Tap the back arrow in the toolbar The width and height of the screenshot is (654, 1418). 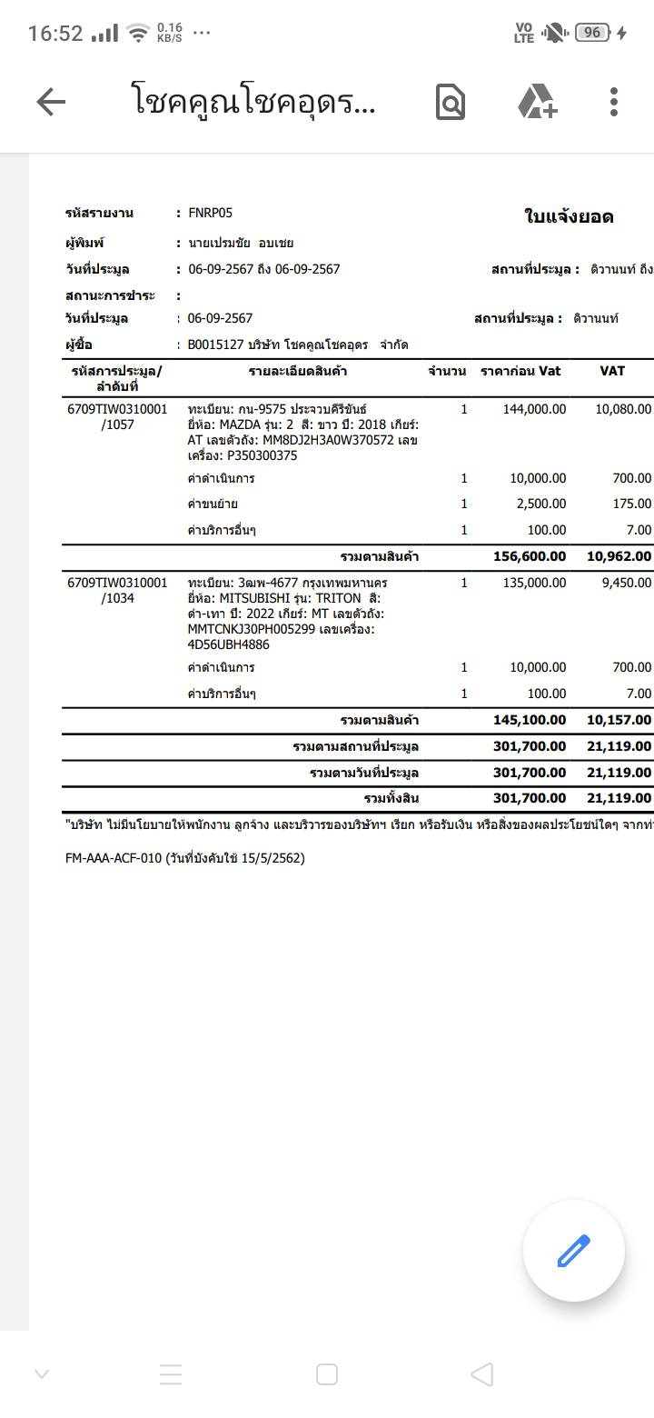click(51, 102)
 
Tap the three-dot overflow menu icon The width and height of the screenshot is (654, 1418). click(614, 102)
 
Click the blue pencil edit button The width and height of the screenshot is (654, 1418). click(573, 1251)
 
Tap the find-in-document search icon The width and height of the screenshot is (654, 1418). click(451, 102)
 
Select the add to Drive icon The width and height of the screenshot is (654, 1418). click(537, 102)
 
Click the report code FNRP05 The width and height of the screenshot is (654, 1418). click(210, 213)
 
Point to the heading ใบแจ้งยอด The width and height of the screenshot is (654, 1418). click(569, 216)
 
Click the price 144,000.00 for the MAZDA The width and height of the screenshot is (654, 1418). click(534, 409)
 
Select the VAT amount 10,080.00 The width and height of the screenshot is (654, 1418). click(623, 409)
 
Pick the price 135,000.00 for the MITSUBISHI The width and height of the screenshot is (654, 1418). click(534, 583)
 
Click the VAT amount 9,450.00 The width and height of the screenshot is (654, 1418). click(626, 583)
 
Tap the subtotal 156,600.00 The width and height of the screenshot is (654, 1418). click(529, 556)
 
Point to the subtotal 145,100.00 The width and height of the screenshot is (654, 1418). click(529, 720)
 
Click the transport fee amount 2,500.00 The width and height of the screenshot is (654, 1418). click(540, 504)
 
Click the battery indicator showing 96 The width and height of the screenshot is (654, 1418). click(592, 33)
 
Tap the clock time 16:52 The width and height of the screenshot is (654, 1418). click(55, 34)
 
